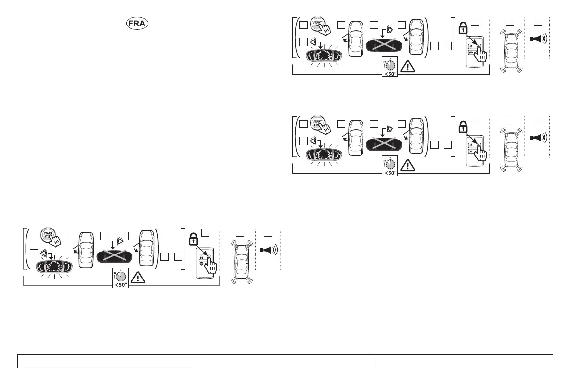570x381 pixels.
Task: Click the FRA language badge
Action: coord(137,24)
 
